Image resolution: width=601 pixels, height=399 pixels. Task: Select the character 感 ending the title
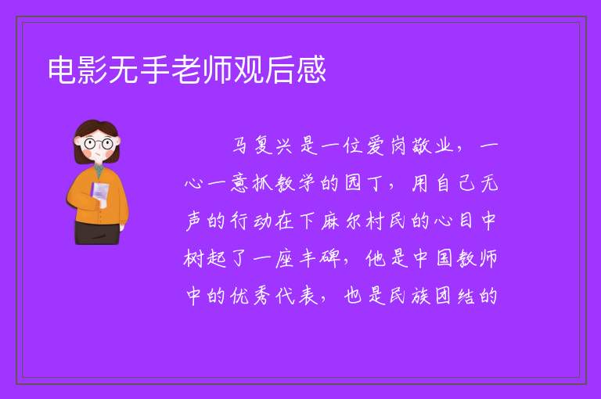(x=311, y=70)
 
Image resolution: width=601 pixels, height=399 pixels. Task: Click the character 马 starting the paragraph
(x=241, y=146)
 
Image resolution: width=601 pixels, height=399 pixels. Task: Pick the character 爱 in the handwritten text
(x=376, y=146)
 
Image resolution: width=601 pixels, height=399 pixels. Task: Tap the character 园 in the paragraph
(x=353, y=183)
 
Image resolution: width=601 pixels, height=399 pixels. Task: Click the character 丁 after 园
(x=375, y=184)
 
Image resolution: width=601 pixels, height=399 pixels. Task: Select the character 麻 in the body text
(x=330, y=221)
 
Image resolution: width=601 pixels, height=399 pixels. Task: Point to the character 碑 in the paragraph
(x=330, y=258)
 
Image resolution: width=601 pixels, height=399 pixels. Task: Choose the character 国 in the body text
(x=444, y=258)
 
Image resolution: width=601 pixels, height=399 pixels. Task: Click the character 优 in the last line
(x=240, y=296)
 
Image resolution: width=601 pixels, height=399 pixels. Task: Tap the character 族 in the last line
(x=421, y=296)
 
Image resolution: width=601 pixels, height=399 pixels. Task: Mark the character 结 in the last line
(x=466, y=296)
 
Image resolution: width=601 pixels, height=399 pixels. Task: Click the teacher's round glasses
(x=99, y=144)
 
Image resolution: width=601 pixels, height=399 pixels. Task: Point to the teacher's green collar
(x=99, y=171)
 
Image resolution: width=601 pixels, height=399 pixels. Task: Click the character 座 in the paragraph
(x=284, y=258)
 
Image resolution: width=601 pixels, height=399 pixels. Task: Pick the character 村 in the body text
(x=375, y=221)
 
